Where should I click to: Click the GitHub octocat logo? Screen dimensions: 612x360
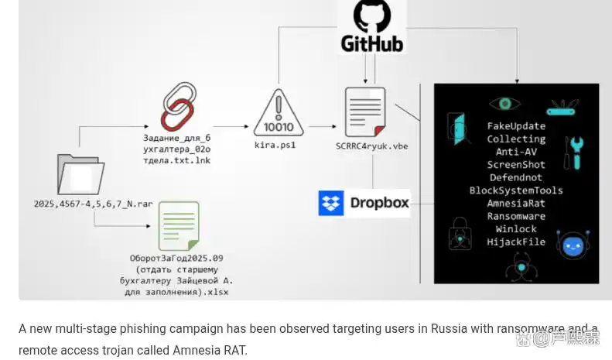(x=371, y=15)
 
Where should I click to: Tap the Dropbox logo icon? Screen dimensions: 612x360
(x=331, y=204)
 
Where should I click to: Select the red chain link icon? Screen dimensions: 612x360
(x=176, y=108)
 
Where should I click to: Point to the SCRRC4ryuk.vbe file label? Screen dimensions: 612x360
(x=371, y=146)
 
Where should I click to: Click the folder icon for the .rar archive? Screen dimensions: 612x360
(x=80, y=174)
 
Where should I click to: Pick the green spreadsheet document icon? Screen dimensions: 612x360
(x=179, y=226)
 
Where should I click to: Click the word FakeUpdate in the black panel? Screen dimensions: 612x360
(x=516, y=126)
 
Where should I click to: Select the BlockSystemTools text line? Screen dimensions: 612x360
(x=516, y=190)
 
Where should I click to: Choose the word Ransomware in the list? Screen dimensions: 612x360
(x=516, y=216)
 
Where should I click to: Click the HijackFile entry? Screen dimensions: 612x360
(x=516, y=242)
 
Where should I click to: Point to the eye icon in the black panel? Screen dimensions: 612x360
(x=504, y=104)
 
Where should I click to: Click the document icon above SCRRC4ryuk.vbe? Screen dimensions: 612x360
(x=366, y=112)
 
